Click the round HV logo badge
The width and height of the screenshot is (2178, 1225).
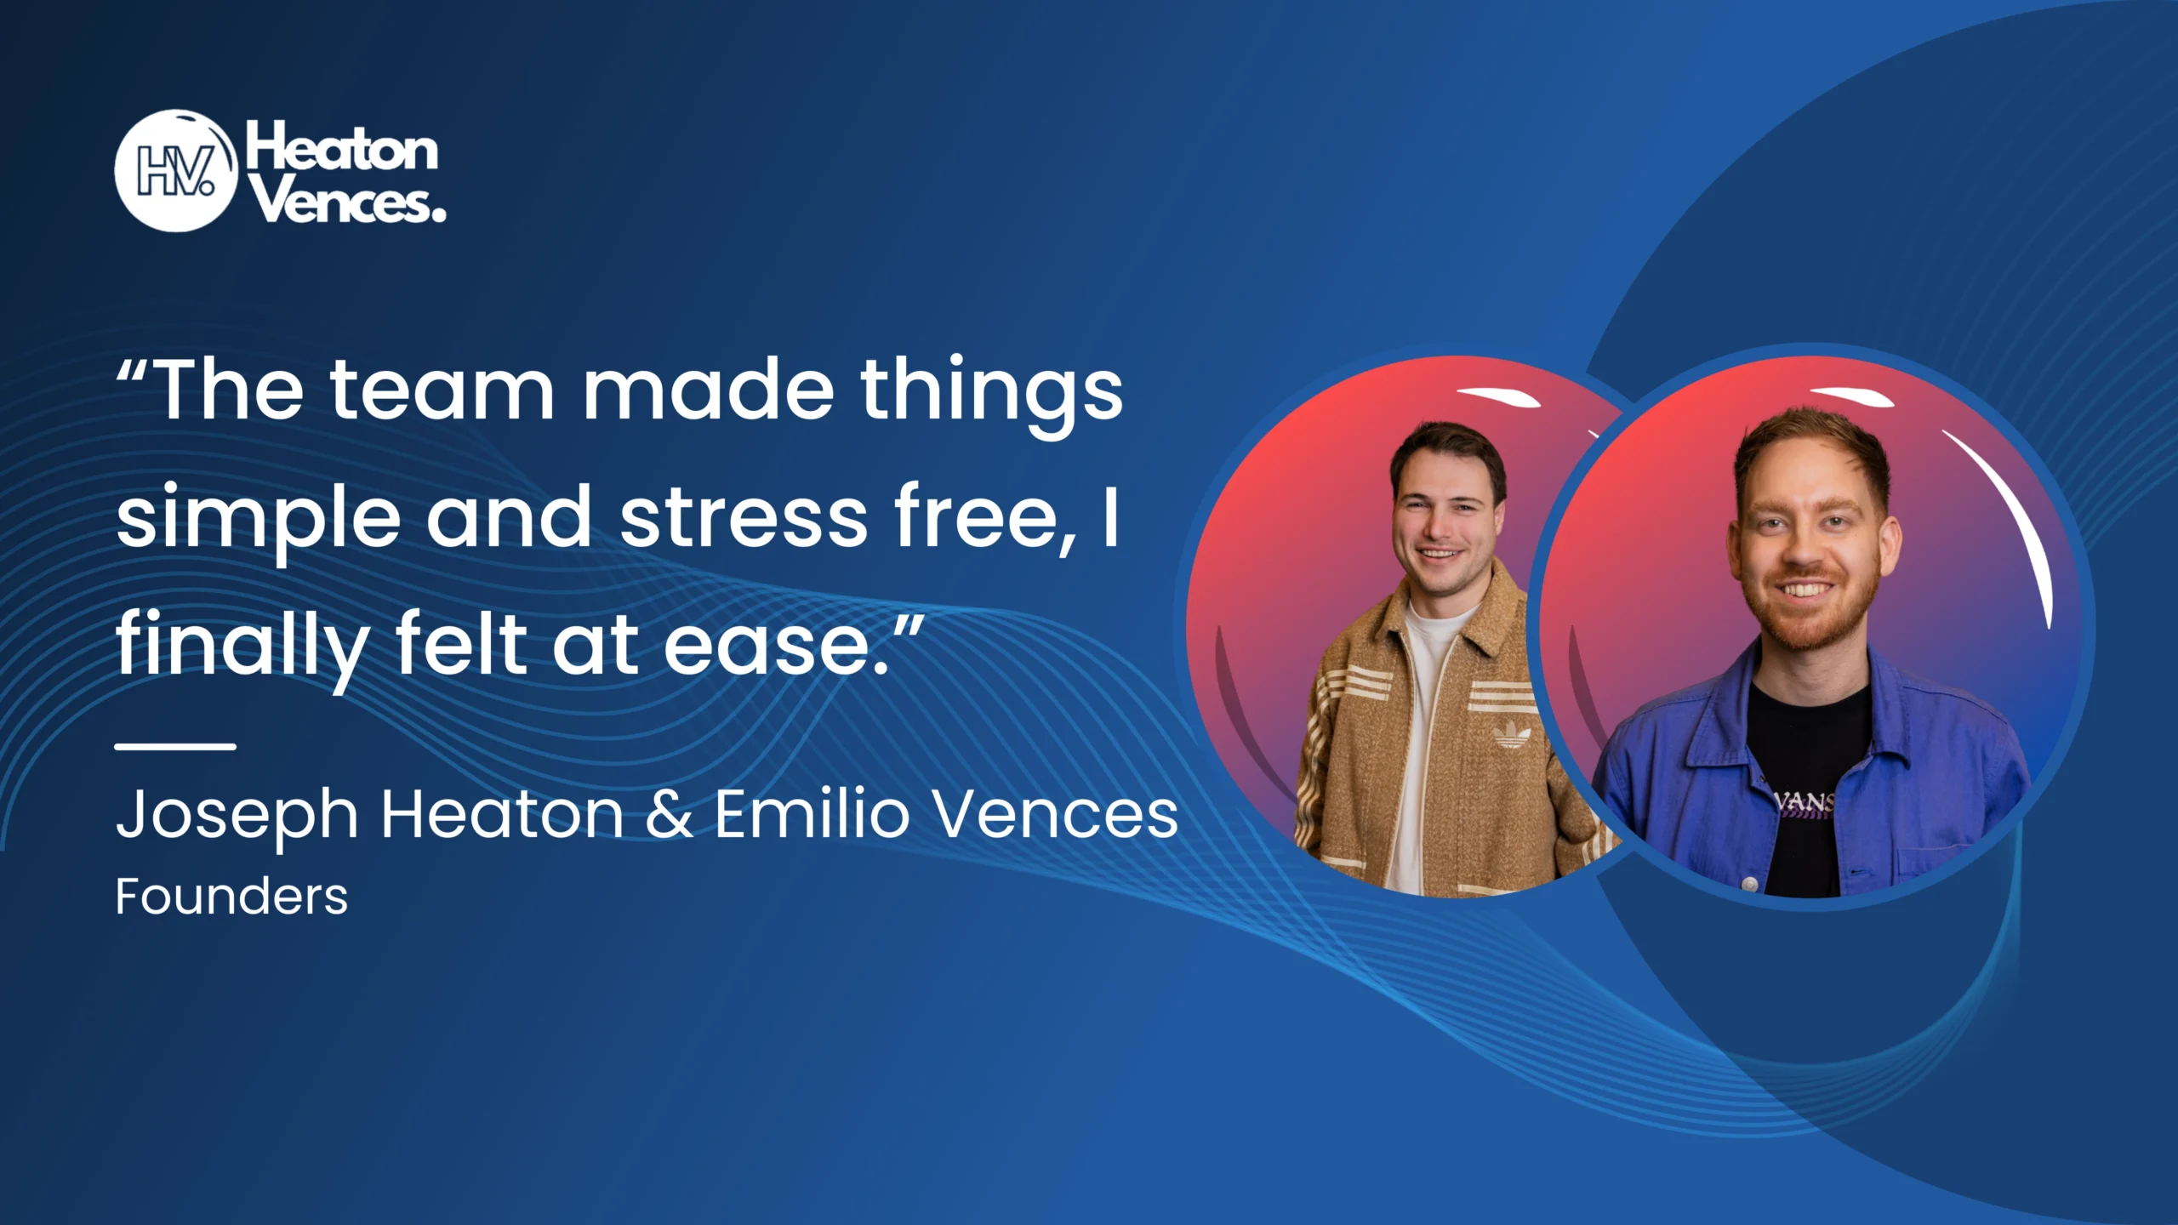pos(175,171)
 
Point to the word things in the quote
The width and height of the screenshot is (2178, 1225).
pos(991,396)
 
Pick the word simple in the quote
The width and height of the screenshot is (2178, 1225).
pos(258,521)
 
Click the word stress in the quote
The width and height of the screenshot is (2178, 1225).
pos(744,519)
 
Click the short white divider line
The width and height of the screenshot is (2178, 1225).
pos(175,746)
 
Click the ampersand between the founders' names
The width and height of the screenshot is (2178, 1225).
pos(669,814)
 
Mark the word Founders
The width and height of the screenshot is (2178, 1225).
pos(231,897)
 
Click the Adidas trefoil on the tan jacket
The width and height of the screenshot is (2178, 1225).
pos(1512,733)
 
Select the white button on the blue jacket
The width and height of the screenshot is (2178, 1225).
pos(1750,885)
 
